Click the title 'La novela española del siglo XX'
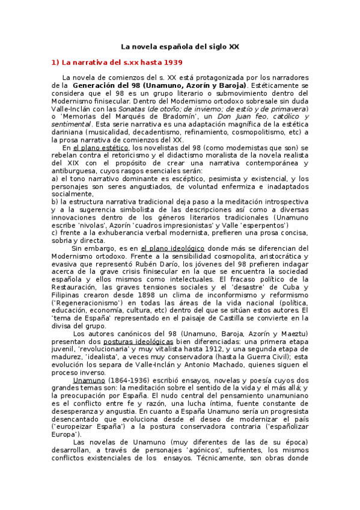point(180,46)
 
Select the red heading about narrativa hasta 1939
point(117,62)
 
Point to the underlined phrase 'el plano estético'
point(100,147)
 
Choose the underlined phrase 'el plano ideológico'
point(172,248)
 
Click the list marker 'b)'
point(55,201)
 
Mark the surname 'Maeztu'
point(293,333)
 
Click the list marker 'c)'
point(55,233)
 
